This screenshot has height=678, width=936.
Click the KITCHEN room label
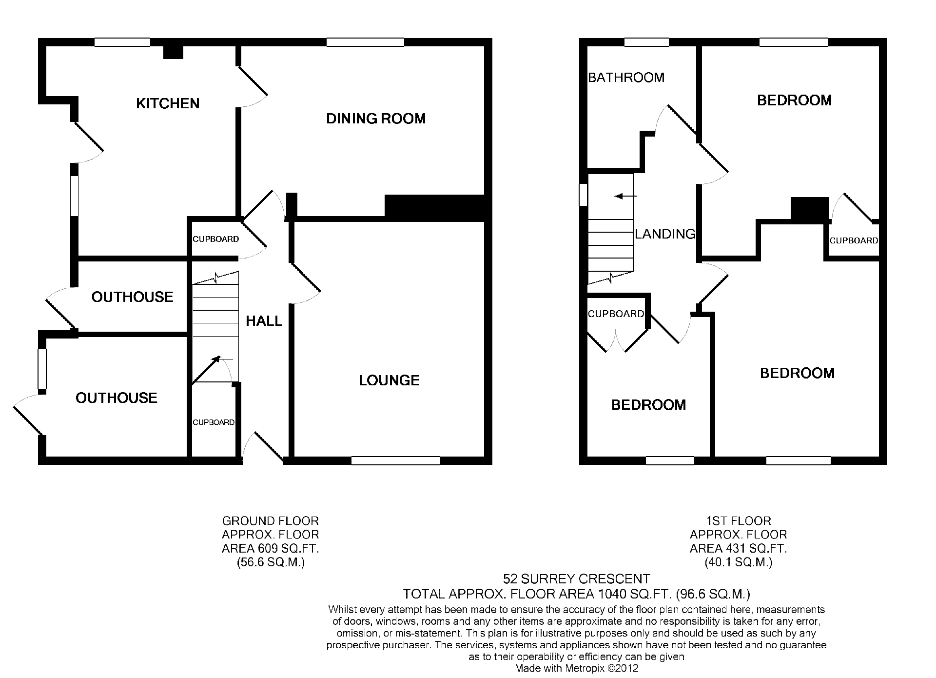click(168, 103)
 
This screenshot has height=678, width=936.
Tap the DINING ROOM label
click(376, 119)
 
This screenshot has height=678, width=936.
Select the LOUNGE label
click(389, 380)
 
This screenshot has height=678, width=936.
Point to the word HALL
click(264, 321)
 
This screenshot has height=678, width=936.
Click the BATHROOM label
click(626, 78)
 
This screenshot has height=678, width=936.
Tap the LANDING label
click(665, 234)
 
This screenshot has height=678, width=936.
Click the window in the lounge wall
click(396, 460)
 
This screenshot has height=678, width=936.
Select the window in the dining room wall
click(365, 42)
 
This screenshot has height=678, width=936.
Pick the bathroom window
click(646, 42)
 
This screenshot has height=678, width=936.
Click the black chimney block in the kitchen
click(173, 52)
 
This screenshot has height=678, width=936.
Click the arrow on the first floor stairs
click(625, 196)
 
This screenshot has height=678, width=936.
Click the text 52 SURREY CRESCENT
click(577, 579)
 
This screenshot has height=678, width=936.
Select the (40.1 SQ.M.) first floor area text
click(739, 562)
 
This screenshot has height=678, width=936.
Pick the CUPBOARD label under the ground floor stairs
click(214, 422)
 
